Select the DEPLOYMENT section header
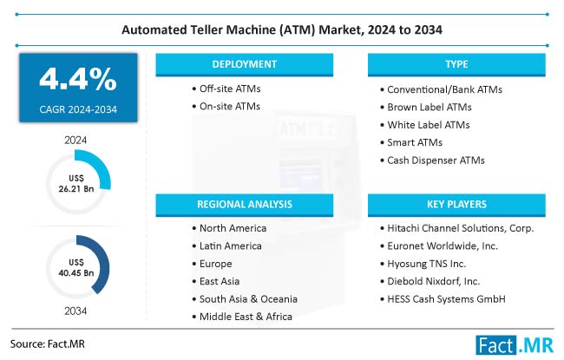pyautogui.click(x=245, y=65)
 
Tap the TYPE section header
pyautogui.click(x=457, y=65)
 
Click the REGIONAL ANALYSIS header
pyautogui.click(x=245, y=205)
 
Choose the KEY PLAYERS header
pyautogui.click(x=457, y=205)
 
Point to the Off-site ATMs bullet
pyautogui.click(x=230, y=89)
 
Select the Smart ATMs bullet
pyautogui.click(x=416, y=142)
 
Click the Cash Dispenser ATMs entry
pyautogui.click(x=436, y=160)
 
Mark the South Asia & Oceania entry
pyautogui.click(x=248, y=298)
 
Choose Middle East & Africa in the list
pyautogui.click(x=246, y=317)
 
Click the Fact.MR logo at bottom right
pyautogui.click(x=511, y=344)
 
